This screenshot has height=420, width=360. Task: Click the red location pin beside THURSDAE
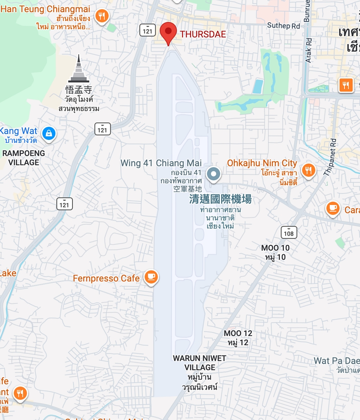coord(168,32)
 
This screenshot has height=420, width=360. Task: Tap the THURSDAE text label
coord(203,34)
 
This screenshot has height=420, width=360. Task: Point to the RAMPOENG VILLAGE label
coord(23,157)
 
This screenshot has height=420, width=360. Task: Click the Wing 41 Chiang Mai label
coord(161,163)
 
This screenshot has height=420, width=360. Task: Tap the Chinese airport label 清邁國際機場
coord(220,199)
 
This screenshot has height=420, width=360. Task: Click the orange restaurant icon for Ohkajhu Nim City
coord(309,170)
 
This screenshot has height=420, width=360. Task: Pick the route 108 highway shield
coord(290,232)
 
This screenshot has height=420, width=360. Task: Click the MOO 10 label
coord(275,248)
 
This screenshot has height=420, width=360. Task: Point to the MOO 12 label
coord(238,333)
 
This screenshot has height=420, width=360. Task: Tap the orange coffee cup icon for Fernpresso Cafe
coord(151,277)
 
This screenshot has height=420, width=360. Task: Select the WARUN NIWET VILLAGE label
coord(200,363)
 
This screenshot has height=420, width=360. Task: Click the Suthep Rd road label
coord(284,26)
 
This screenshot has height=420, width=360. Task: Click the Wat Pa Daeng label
coord(337,361)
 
